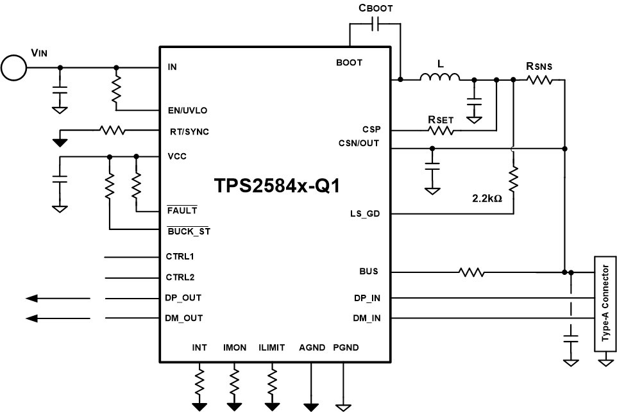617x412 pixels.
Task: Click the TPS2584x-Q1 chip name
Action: click(x=277, y=186)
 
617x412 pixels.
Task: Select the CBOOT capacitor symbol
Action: click(x=376, y=25)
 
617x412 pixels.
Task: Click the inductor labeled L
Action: click(x=440, y=78)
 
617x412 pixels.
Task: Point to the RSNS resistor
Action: click(x=539, y=79)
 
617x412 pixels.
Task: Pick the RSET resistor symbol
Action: click(x=441, y=130)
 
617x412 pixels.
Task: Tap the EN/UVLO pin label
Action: click(x=187, y=110)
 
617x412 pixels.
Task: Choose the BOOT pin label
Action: click(x=349, y=63)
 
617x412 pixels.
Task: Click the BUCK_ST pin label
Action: click(x=189, y=231)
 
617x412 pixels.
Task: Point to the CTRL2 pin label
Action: click(x=180, y=277)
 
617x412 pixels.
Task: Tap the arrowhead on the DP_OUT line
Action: click(x=34, y=298)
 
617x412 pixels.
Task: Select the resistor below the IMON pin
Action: click(x=234, y=379)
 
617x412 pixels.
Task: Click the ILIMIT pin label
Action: click(x=271, y=348)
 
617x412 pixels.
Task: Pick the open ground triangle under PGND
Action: click(x=346, y=406)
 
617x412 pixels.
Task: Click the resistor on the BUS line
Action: click(x=471, y=272)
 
